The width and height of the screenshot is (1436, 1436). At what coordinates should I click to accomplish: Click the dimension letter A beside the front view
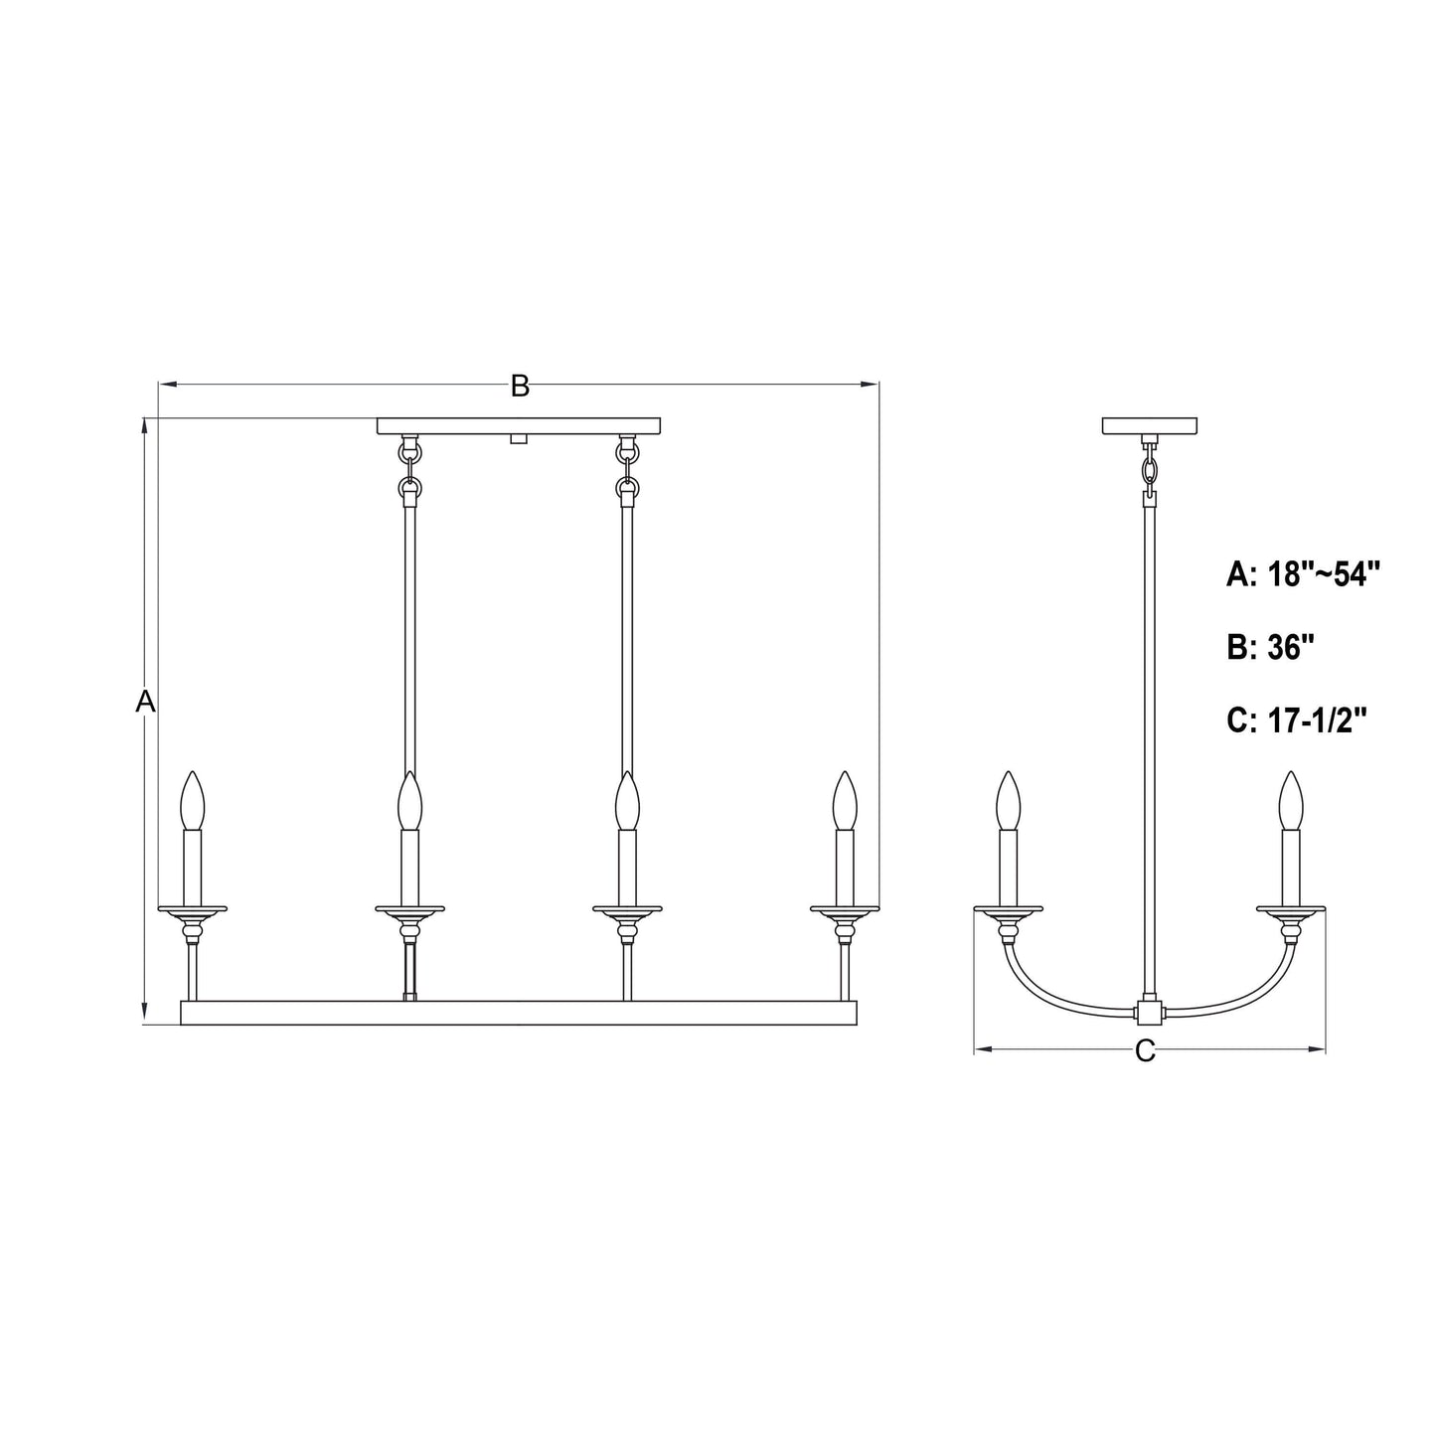coord(145,702)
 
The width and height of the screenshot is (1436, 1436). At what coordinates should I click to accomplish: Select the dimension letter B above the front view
coord(520,386)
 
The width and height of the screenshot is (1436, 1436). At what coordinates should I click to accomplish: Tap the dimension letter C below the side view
coord(1146,1050)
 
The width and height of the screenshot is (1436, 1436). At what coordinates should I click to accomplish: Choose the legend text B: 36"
coord(1270,648)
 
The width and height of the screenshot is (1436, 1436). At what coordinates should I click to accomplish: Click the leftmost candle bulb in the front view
coord(192,801)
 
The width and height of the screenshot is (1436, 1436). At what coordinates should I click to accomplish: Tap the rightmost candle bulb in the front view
coord(845,801)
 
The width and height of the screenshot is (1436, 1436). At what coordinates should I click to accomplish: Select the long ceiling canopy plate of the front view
coord(519,426)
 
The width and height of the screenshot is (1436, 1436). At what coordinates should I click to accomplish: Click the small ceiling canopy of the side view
coord(1150,426)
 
